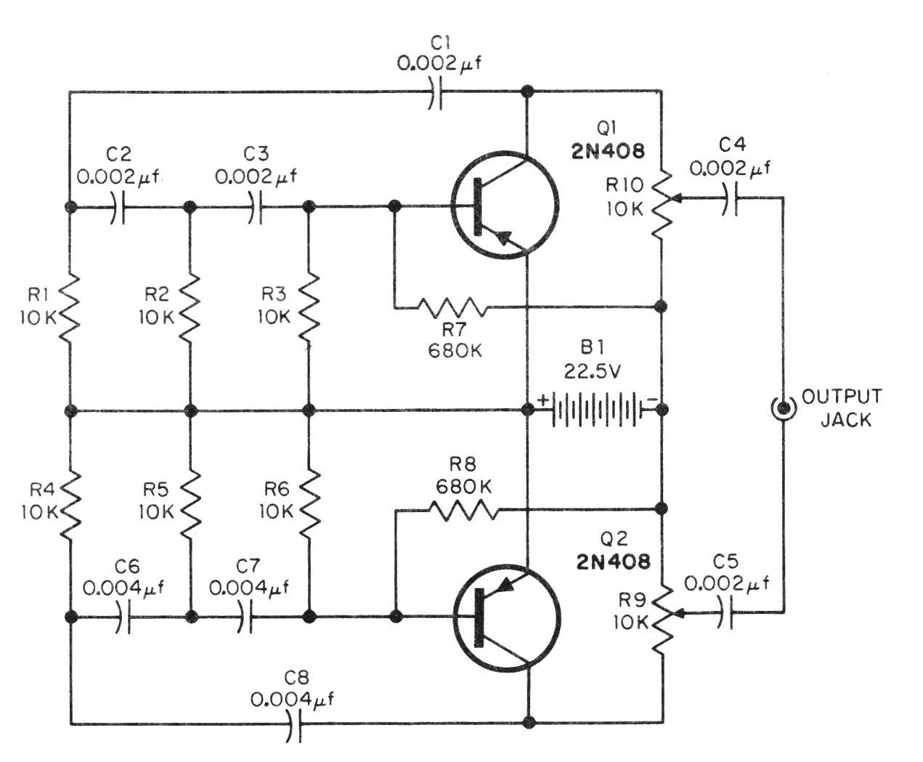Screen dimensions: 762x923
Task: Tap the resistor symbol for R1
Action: pos(70,309)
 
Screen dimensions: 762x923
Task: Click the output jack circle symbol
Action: pos(782,409)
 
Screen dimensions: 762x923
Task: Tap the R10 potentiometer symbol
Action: pos(663,203)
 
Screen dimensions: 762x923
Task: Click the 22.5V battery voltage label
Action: pos(592,371)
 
